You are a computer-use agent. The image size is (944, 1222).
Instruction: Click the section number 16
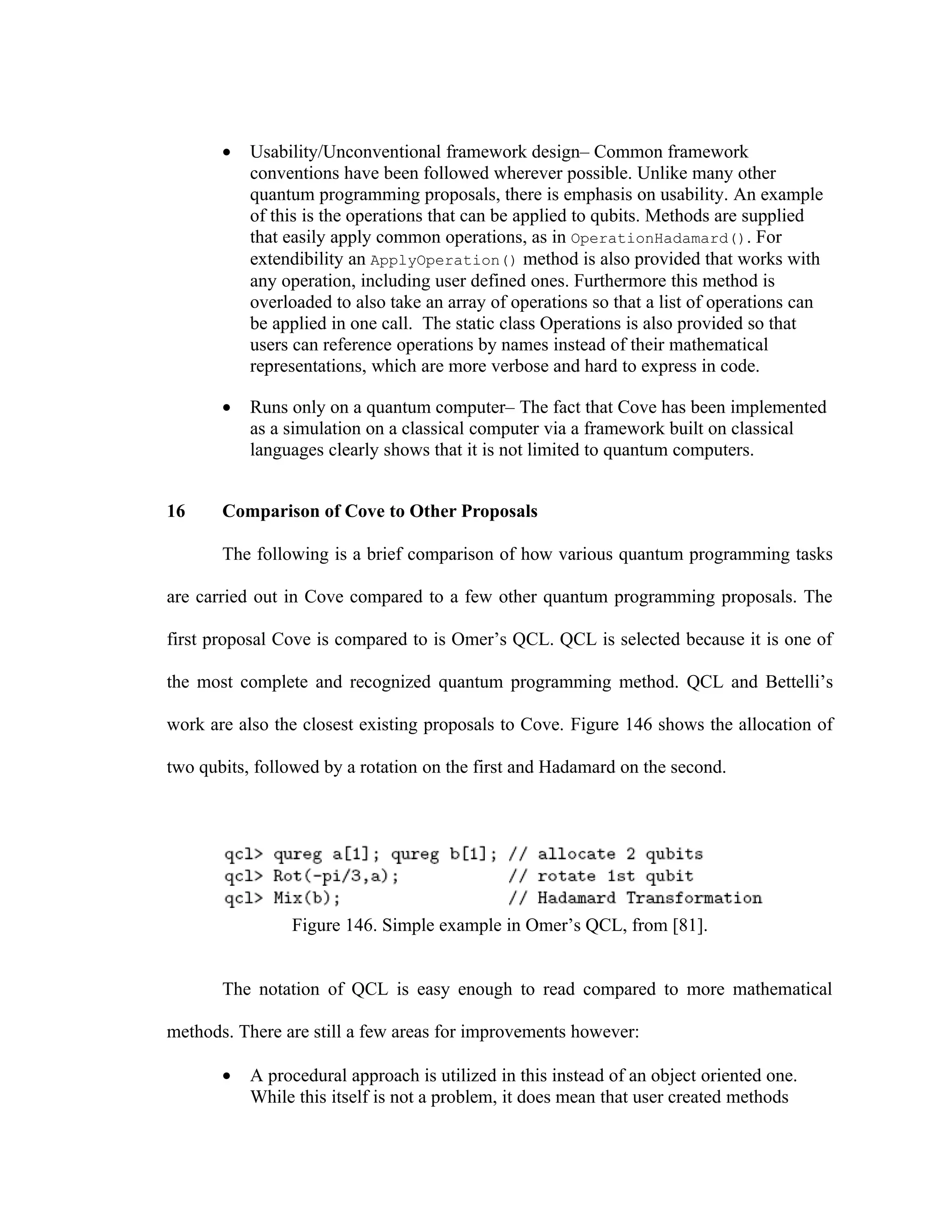[176, 511]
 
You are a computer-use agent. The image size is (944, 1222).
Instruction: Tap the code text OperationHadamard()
[658, 239]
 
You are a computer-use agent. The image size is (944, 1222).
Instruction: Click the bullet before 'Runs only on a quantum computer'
[226, 409]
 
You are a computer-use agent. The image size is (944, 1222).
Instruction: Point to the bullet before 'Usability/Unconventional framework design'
[226, 153]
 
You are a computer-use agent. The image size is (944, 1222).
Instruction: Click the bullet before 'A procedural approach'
[226, 1076]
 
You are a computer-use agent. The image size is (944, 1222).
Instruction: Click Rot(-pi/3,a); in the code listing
[336, 876]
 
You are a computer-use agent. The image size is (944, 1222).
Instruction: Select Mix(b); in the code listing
[307, 898]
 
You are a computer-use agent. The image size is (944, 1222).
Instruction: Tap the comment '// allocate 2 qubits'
[606, 854]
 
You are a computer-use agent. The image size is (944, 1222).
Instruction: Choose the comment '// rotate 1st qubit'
[601, 876]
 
